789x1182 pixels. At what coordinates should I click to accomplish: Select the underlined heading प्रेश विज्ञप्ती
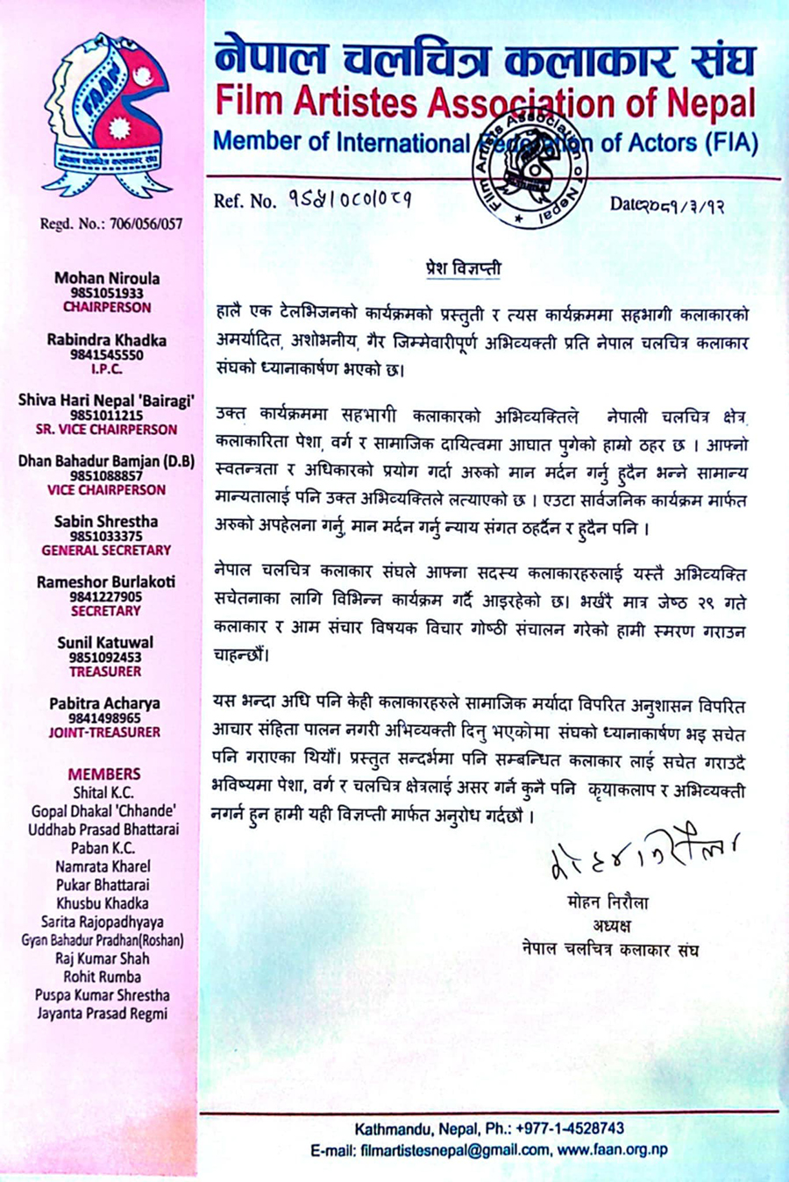click(x=464, y=267)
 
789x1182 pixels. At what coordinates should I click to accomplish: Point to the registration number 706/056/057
click(x=146, y=224)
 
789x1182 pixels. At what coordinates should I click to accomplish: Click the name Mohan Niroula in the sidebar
click(x=107, y=278)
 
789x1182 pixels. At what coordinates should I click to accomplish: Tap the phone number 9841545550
click(x=107, y=355)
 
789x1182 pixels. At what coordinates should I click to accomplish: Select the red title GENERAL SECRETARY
click(x=107, y=550)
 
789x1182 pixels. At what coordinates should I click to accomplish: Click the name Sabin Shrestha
click(x=107, y=522)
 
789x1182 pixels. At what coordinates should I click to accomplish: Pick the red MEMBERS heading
click(x=104, y=773)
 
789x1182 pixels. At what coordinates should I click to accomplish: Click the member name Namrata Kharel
click(x=103, y=866)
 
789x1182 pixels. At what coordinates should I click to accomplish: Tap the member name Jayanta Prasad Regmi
click(x=103, y=1014)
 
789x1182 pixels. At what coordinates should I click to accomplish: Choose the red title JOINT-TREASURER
click(x=104, y=732)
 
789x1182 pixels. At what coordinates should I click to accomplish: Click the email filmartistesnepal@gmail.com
click(x=455, y=1150)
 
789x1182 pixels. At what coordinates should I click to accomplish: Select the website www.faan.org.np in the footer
click(x=612, y=1150)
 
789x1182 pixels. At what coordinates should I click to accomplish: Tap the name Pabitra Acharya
click(x=105, y=703)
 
